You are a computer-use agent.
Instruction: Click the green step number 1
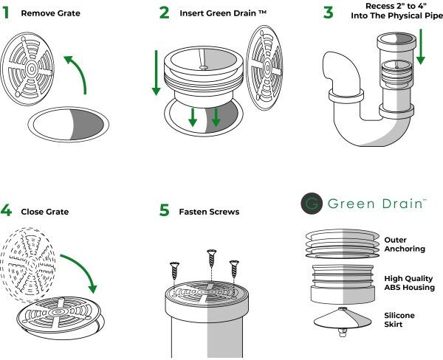[x=6, y=13]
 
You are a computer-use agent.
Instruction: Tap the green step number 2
[x=164, y=13]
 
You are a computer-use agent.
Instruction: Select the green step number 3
[x=328, y=13]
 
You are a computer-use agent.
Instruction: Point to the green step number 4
[x=6, y=211]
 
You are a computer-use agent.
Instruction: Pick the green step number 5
[x=164, y=211]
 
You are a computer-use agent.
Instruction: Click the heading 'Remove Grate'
[x=50, y=13]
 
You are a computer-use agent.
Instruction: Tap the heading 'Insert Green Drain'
[x=219, y=13]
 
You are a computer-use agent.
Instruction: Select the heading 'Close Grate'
[x=45, y=212]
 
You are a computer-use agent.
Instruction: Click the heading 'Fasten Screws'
[x=210, y=212]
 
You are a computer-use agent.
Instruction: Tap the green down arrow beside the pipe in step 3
[x=421, y=46]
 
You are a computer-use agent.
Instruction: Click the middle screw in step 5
[x=212, y=258]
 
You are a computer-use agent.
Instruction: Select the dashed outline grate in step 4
[x=28, y=265]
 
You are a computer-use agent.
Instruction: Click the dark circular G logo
[x=312, y=204]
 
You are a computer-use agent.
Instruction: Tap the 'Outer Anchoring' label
[x=405, y=244]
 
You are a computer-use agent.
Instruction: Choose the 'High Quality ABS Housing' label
[x=409, y=283]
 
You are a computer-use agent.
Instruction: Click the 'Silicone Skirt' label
[x=399, y=319]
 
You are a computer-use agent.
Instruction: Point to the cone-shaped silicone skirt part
[x=343, y=319]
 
